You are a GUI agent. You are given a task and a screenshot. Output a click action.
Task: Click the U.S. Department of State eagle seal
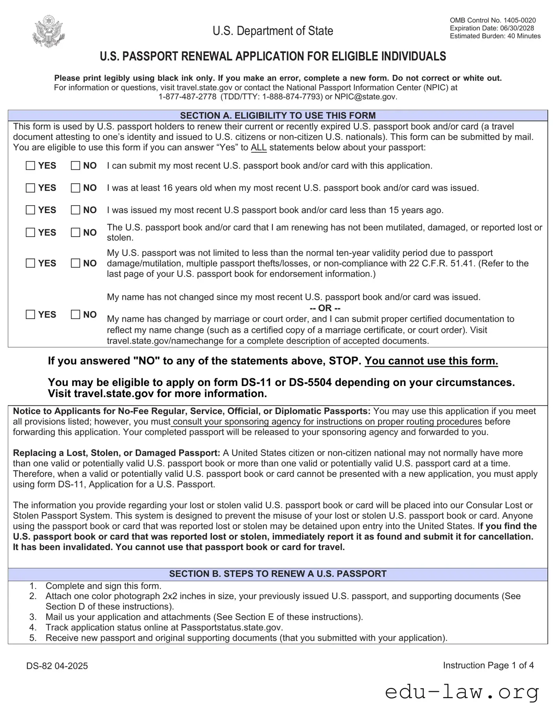pyautogui.click(x=48, y=31)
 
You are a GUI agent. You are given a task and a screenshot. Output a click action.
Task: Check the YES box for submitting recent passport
pyautogui.click(x=30, y=166)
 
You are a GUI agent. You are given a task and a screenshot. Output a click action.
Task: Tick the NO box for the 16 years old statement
pyautogui.click(x=75, y=188)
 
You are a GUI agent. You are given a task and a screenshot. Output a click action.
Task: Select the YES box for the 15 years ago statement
pyautogui.click(x=30, y=210)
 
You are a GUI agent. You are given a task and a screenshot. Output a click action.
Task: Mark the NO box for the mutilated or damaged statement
pyautogui.click(x=75, y=232)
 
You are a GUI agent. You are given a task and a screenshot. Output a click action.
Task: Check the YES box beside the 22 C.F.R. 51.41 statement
pyautogui.click(x=30, y=263)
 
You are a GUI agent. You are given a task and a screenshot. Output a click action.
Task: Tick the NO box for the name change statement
pyautogui.click(x=75, y=314)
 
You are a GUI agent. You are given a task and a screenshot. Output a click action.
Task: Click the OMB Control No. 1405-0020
pyautogui.click(x=492, y=20)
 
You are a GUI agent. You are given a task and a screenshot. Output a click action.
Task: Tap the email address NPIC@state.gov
pyautogui.click(x=365, y=97)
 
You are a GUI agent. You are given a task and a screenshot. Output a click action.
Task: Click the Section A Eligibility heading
pyautogui.click(x=278, y=115)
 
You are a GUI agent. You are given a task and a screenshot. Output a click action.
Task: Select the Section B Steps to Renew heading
pyautogui.click(x=278, y=574)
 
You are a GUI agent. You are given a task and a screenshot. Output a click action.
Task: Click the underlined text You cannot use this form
pyautogui.click(x=431, y=361)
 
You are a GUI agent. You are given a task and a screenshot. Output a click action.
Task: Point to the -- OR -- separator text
pyautogui.click(x=325, y=308)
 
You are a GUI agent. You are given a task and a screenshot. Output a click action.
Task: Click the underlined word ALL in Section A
pyautogui.click(x=258, y=148)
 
